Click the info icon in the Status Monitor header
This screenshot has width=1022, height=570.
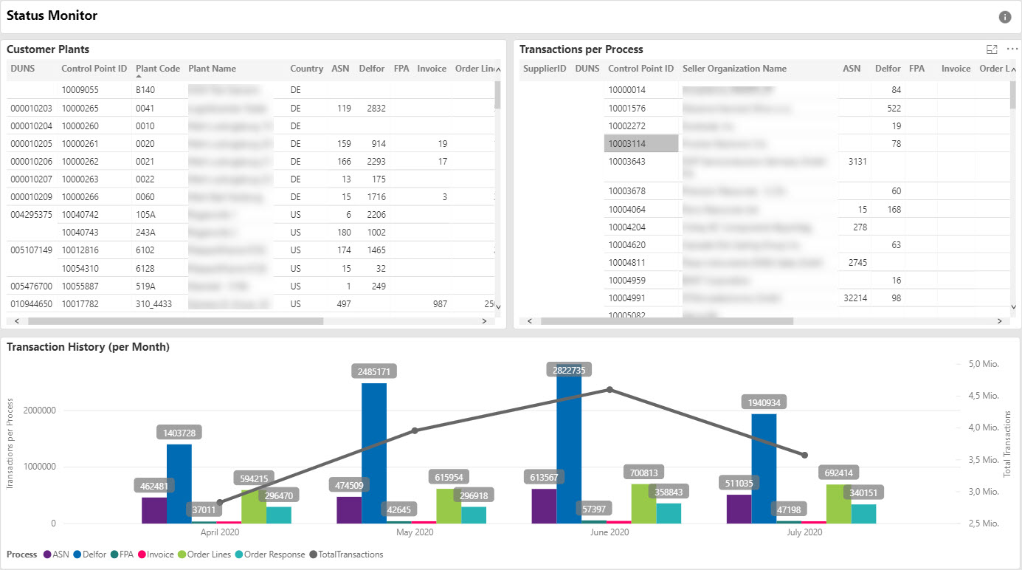1004,17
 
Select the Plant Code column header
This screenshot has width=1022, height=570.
157,69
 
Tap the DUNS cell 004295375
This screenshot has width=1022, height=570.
31,215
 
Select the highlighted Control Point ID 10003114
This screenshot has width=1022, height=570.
626,144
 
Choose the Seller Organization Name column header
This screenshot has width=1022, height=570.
734,69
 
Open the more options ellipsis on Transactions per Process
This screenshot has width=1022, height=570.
1012,49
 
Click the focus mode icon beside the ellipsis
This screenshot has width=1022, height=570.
992,49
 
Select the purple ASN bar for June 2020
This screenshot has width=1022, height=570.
544,505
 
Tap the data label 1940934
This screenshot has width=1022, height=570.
764,402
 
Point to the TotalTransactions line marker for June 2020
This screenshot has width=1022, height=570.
610,389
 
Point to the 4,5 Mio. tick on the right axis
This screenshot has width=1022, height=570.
983,396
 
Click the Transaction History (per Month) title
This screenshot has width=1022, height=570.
88,347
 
